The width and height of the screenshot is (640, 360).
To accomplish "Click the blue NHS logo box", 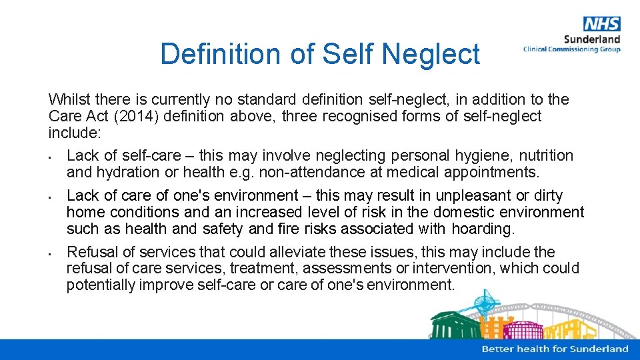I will pos(601,25).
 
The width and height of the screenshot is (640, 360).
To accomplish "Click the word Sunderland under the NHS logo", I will pos(592,39).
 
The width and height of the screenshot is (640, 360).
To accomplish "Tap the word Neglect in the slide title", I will pos(431,54).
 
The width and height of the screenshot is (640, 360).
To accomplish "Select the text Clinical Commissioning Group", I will pos(571,49).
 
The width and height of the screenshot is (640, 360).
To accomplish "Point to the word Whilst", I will pos(69,100).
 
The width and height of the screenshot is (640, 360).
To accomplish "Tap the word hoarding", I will pos(483,229).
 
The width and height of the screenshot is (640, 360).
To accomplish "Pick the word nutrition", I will pos(546,156).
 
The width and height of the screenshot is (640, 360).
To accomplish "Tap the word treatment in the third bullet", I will pos(223,269).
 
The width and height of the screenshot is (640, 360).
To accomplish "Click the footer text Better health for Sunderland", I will pos(555,349).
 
